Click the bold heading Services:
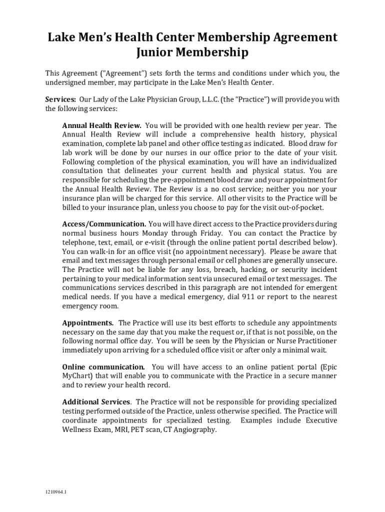[60, 99]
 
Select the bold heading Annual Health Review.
[101, 125]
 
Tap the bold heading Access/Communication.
[104, 224]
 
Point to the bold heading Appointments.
[87, 323]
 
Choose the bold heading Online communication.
[103, 367]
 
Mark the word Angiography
[195, 429]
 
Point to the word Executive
[321, 420]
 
